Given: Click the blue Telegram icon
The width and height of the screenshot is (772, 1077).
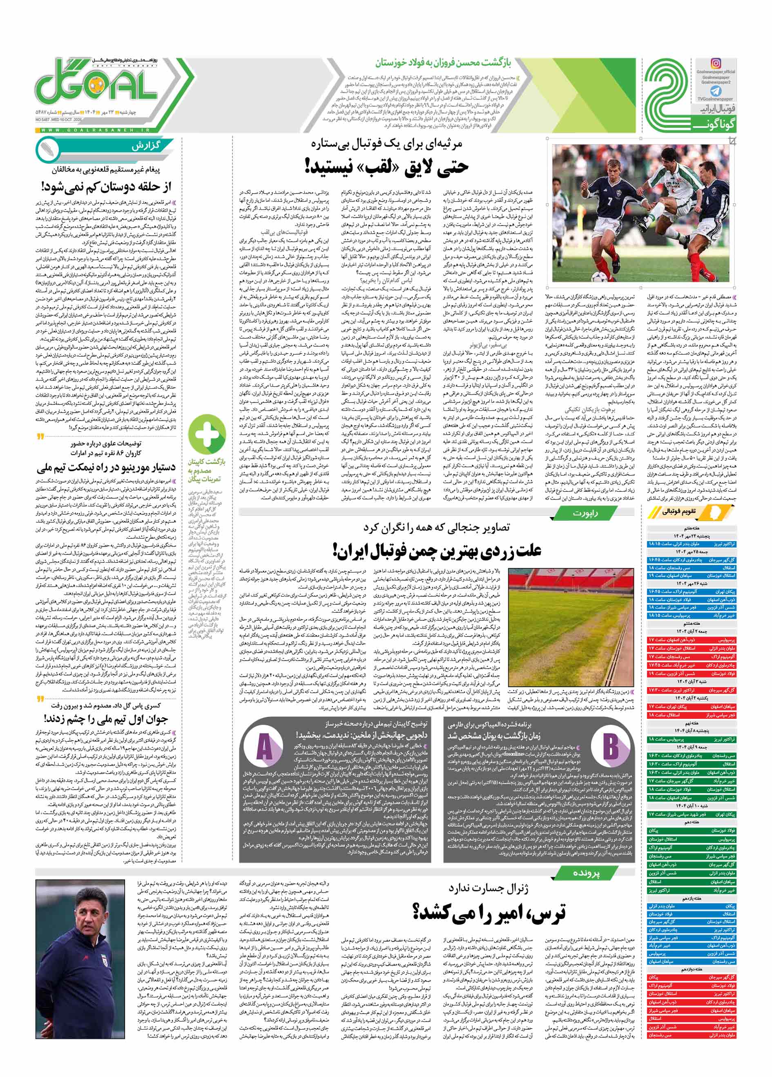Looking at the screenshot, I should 716,91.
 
